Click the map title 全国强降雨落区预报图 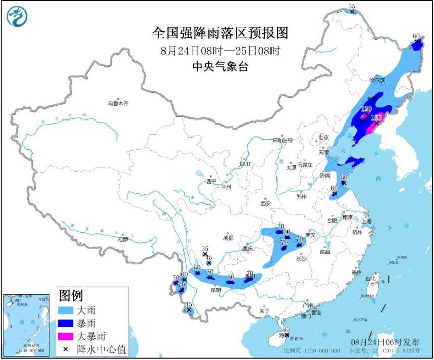pos(220,33)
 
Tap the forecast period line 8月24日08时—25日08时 pos(220,50)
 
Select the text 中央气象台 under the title pos(220,67)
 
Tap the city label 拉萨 pos(123,240)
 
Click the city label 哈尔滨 pos(377,80)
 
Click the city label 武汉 pos(309,235)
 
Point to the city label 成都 pos(228,238)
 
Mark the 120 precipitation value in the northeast pos(366,108)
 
